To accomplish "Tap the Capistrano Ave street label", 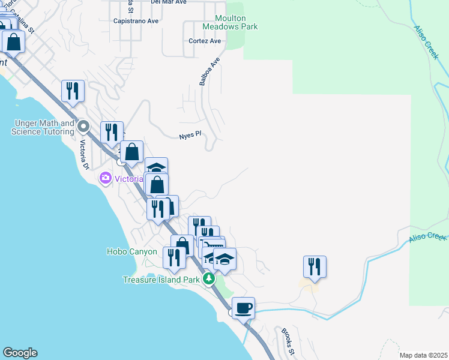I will click(136, 20).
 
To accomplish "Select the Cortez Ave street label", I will click(205, 41).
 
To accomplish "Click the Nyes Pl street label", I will click(188, 136).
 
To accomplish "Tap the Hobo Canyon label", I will click(131, 252).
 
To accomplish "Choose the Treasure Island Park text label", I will click(160, 280).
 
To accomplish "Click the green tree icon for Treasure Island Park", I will click(208, 279).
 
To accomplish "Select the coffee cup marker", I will click(244, 308).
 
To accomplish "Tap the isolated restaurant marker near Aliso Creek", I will click(315, 266).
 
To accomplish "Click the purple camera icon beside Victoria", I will click(106, 178).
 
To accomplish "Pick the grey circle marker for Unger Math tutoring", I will click(83, 127).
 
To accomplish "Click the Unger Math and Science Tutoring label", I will click(42, 127).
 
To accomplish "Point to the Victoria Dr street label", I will click(85, 154).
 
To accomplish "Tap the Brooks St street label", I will click(287, 341).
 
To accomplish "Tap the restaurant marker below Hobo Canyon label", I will click(174, 258).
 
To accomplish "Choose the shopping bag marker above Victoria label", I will click(131, 152).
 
